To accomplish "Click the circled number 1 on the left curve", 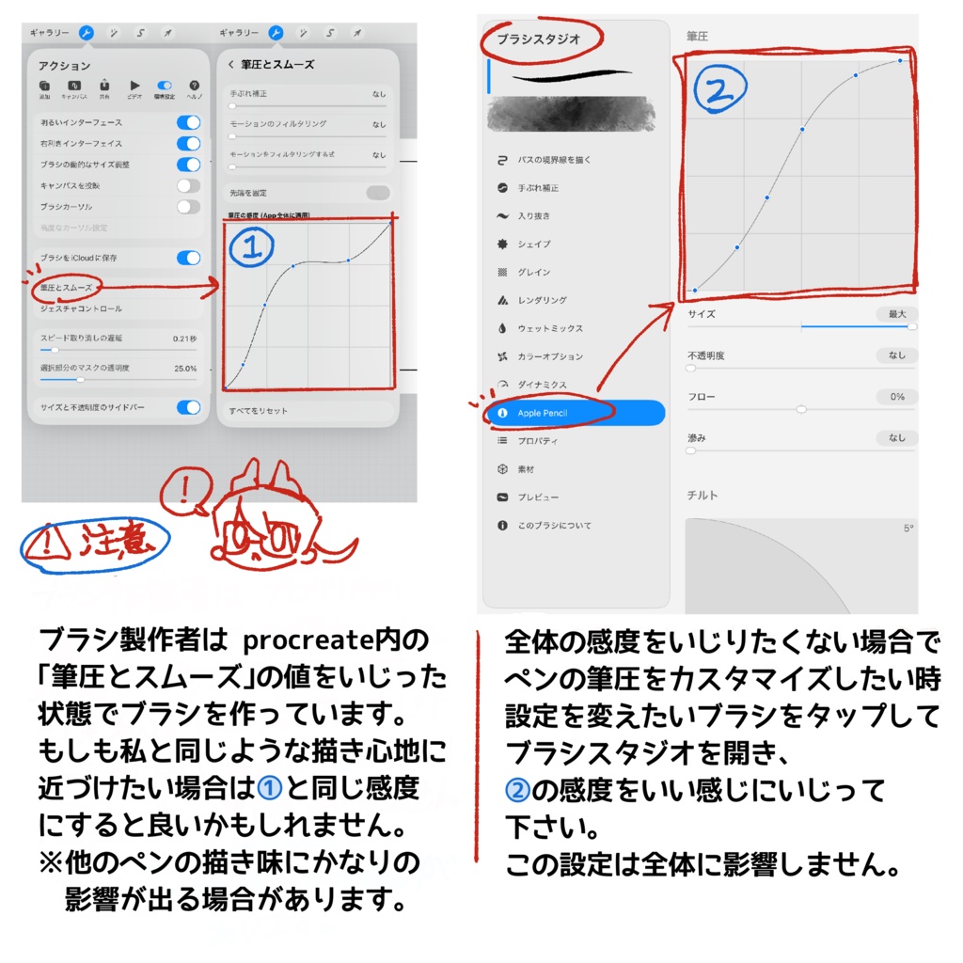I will click(249, 247).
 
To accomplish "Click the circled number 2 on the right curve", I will click(719, 92).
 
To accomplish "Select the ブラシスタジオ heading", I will click(539, 39).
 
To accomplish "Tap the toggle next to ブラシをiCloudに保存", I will click(188, 258).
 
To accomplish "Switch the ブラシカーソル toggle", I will click(188, 206).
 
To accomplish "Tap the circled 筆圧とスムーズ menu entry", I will click(66, 286).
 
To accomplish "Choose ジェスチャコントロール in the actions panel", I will click(81, 308).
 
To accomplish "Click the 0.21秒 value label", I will click(184, 338).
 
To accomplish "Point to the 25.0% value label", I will click(184, 369).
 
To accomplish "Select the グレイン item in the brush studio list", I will click(533, 272).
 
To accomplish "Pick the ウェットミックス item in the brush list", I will click(550, 328).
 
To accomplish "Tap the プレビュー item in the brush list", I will click(538, 497).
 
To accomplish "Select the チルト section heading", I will click(703, 496).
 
